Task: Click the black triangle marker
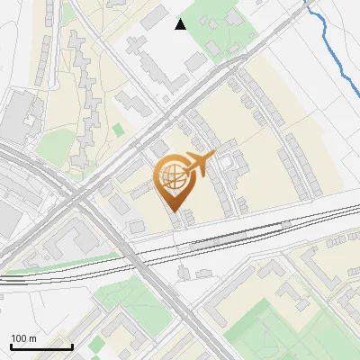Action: pyautogui.click(x=181, y=24)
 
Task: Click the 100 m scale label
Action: pyautogui.click(x=23, y=338)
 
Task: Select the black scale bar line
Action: pyautogui.click(x=41, y=346)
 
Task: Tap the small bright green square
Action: pyautogui.click(x=118, y=130)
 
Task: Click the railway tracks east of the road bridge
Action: pyautogui.click(x=270, y=229)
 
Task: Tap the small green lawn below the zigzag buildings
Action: pyautogui.click(x=54, y=144)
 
